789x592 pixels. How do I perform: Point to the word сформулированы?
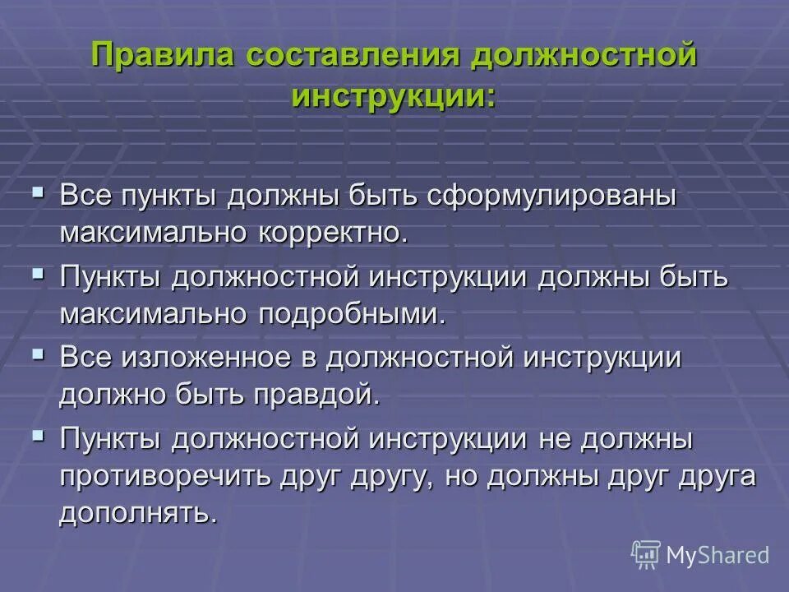[x=551, y=198]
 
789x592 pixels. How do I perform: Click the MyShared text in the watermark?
[x=717, y=555]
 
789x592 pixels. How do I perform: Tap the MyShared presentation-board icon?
[x=645, y=554]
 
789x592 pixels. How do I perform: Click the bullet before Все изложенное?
[x=38, y=354]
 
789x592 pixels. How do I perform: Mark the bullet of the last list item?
[x=38, y=436]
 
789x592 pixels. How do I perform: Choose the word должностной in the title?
[x=583, y=58]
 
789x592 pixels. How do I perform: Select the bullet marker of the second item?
[x=38, y=274]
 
